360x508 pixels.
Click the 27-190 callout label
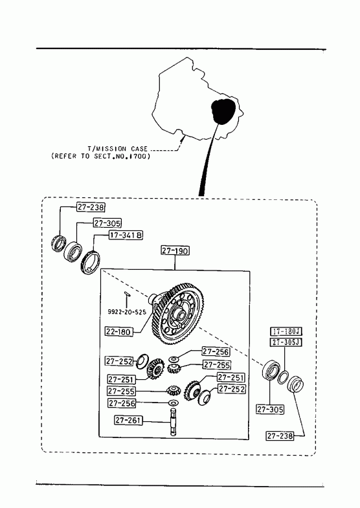point(175,250)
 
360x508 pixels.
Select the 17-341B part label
point(126,235)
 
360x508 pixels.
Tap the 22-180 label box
point(118,332)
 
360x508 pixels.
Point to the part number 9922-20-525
point(127,312)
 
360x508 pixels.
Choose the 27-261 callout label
point(128,420)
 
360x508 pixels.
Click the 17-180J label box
point(286,331)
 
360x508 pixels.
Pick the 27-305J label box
point(286,342)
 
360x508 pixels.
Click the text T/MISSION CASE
point(118,149)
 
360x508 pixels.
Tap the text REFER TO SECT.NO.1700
point(101,156)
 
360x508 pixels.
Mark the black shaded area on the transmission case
point(222,111)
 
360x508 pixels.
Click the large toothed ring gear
point(177,315)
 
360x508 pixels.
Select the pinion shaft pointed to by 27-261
point(174,422)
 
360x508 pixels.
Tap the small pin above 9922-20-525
point(126,294)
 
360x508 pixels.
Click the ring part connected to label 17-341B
point(90,263)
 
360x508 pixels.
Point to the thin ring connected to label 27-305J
point(283,377)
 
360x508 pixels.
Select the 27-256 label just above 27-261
point(122,403)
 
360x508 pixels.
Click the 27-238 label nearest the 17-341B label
point(91,207)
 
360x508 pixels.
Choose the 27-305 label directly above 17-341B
point(107,223)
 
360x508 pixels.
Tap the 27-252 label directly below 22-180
point(119,361)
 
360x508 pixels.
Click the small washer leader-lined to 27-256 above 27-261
point(174,403)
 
